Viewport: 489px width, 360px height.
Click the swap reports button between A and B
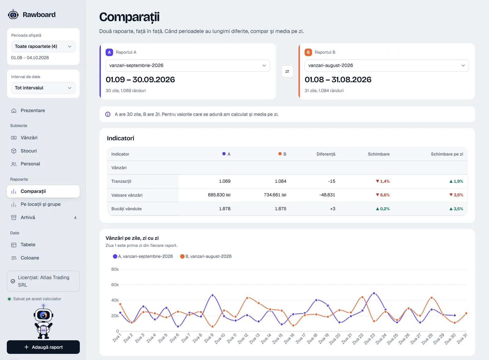pos(287,72)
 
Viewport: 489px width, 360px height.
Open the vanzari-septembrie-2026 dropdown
pos(188,65)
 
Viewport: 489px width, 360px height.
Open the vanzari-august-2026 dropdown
pos(387,65)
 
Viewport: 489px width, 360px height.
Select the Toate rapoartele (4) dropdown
pos(43,46)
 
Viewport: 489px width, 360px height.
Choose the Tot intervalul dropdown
pos(43,88)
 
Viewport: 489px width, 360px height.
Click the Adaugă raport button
pos(43,347)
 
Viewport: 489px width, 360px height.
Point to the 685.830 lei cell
pos(219,195)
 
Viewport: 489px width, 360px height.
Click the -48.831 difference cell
pos(327,195)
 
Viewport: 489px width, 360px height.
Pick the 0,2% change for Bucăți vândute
pos(382,209)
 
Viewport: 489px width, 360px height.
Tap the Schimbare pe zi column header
pos(447,154)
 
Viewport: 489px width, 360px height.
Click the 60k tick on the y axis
pos(115,285)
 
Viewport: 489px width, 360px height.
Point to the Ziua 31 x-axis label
pos(462,339)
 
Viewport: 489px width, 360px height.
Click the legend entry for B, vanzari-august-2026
pos(206,256)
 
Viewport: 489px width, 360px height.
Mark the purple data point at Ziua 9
pos(212,296)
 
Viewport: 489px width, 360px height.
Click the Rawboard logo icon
pos(13,15)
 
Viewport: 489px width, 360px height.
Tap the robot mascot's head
pos(43,315)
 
